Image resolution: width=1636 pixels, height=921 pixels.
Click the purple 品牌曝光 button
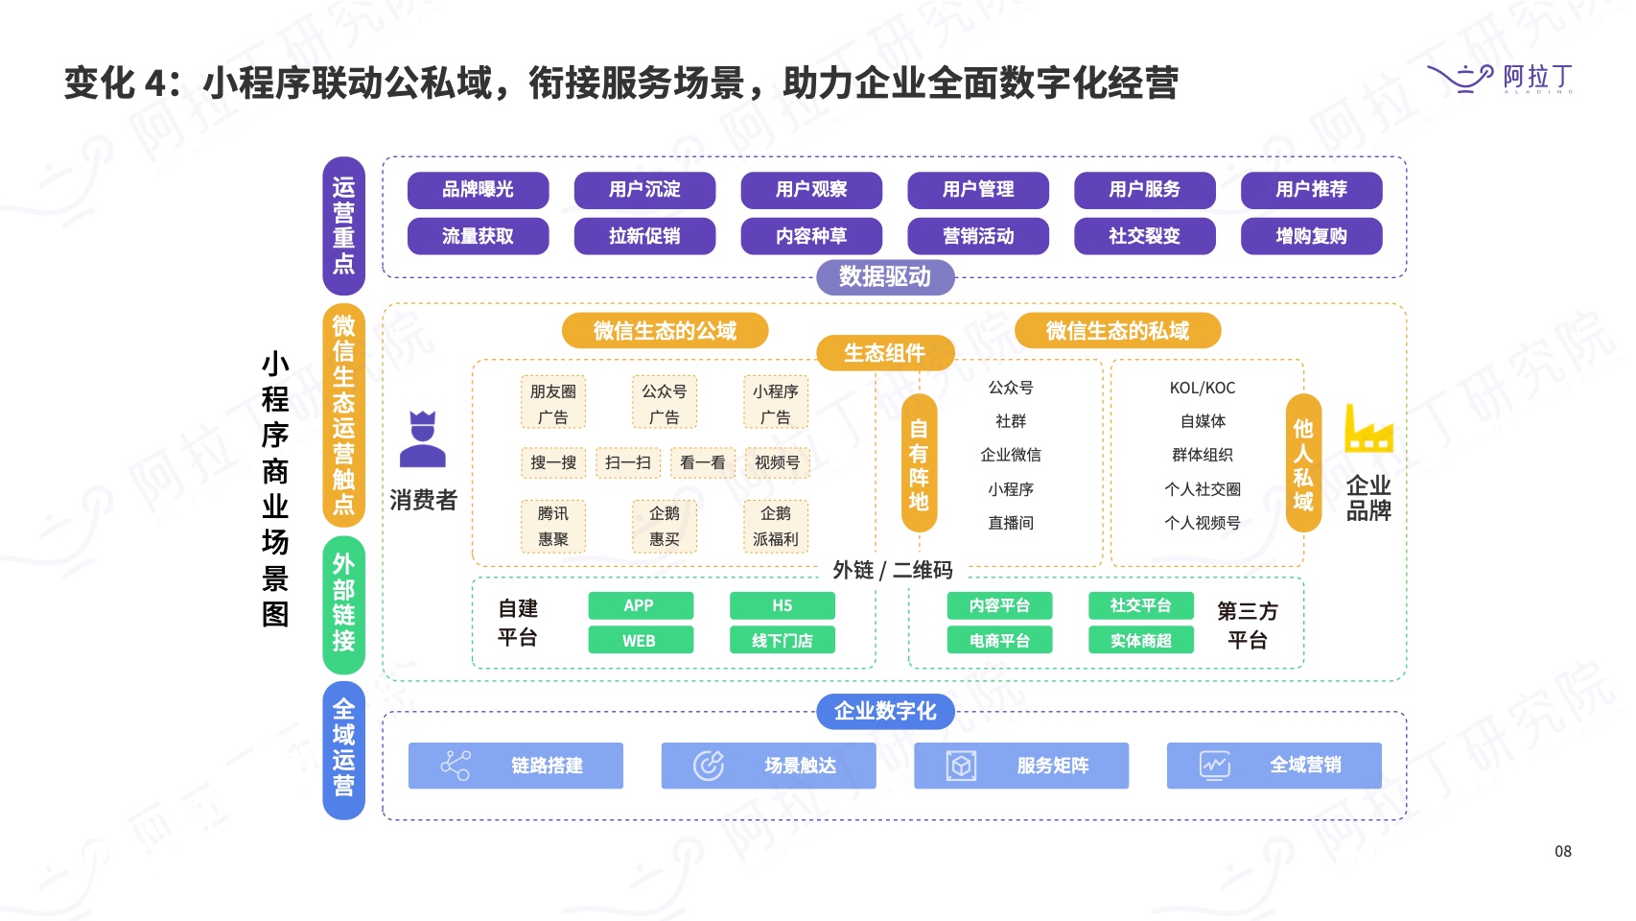click(x=478, y=190)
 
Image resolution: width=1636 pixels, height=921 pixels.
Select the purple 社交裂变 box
click(x=1144, y=236)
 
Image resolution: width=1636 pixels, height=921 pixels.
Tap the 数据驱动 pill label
click(x=885, y=277)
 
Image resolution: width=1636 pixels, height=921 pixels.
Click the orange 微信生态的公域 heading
click(x=665, y=331)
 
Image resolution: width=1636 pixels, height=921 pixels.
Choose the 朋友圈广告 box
click(x=553, y=404)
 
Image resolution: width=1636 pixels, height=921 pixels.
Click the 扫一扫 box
click(x=628, y=462)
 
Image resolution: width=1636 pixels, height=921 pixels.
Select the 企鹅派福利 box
click(x=776, y=526)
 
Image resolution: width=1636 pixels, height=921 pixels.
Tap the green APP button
click(x=640, y=605)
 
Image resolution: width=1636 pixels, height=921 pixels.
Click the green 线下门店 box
click(x=782, y=640)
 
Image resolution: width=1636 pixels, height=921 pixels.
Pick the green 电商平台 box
click(x=999, y=640)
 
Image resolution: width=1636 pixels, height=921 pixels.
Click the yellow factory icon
click(x=1367, y=429)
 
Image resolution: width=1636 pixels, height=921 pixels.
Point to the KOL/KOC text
click(x=1203, y=388)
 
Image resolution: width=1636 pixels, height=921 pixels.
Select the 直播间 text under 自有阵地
click(x=1011, y=523)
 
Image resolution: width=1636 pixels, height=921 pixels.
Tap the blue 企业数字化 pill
click(x=885, y=711)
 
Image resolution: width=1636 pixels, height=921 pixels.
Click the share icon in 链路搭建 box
click(x=456, y=766)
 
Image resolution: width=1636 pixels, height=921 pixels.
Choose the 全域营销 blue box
click(x=1274, y=766)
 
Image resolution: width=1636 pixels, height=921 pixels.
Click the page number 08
click(x=1563, y=851)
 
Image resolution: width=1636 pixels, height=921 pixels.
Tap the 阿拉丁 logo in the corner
click(x=1500, y=78)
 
